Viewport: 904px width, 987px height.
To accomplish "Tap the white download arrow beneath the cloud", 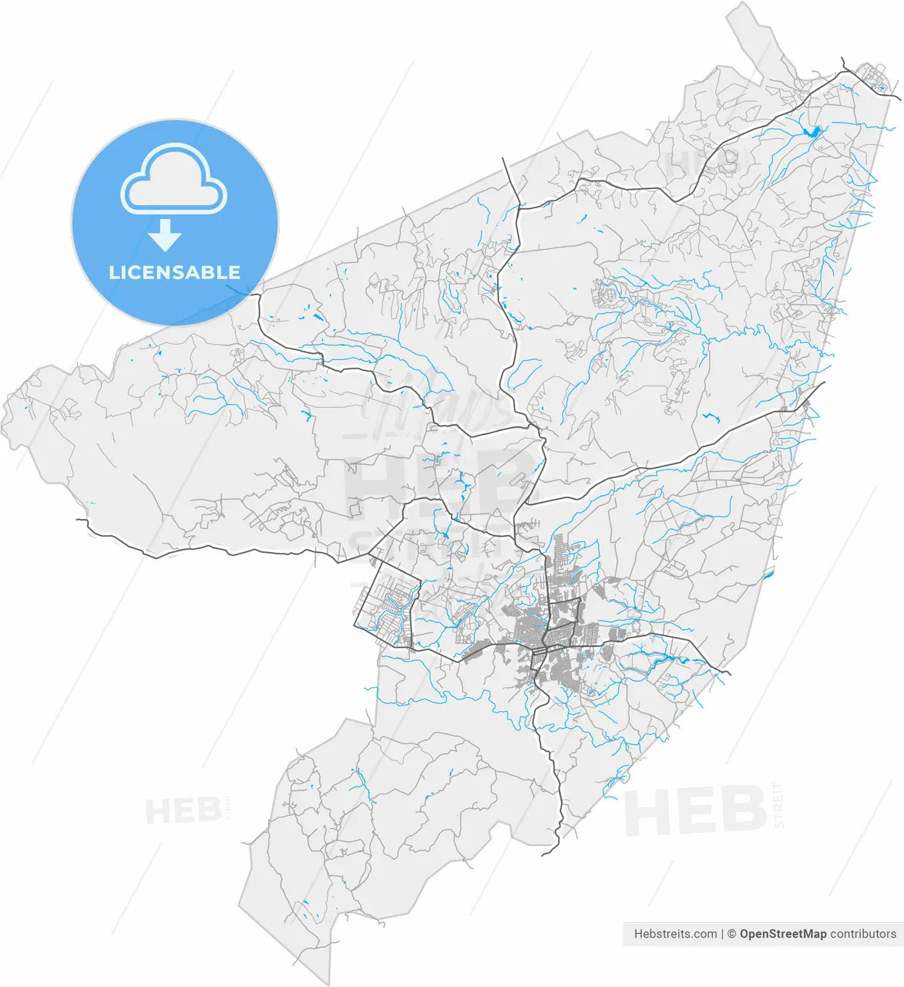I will (164, 235).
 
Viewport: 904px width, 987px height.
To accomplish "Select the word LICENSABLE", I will (174, 272).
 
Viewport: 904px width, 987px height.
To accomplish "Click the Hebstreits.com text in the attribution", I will (675, 934).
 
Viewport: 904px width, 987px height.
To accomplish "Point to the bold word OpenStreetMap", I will (783, 934).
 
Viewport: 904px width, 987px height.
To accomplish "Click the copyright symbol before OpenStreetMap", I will (731, 934).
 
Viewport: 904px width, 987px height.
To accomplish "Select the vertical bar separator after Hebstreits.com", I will (723, 934).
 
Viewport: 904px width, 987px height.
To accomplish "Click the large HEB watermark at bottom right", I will (694, 810).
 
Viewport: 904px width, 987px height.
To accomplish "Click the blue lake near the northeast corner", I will (812, 132).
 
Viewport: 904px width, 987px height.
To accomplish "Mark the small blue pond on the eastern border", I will (768, 574).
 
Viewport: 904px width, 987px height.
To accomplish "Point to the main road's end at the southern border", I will (544, 854).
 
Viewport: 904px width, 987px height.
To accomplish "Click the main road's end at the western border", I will (78, 520).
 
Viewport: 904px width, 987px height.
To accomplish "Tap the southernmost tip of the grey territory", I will (327, 984).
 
